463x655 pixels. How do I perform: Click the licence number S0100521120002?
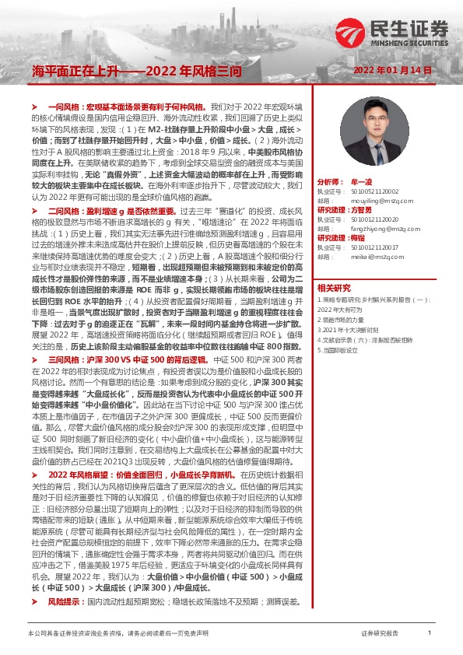click(369, 190)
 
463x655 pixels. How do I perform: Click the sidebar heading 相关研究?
click(335, 287)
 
